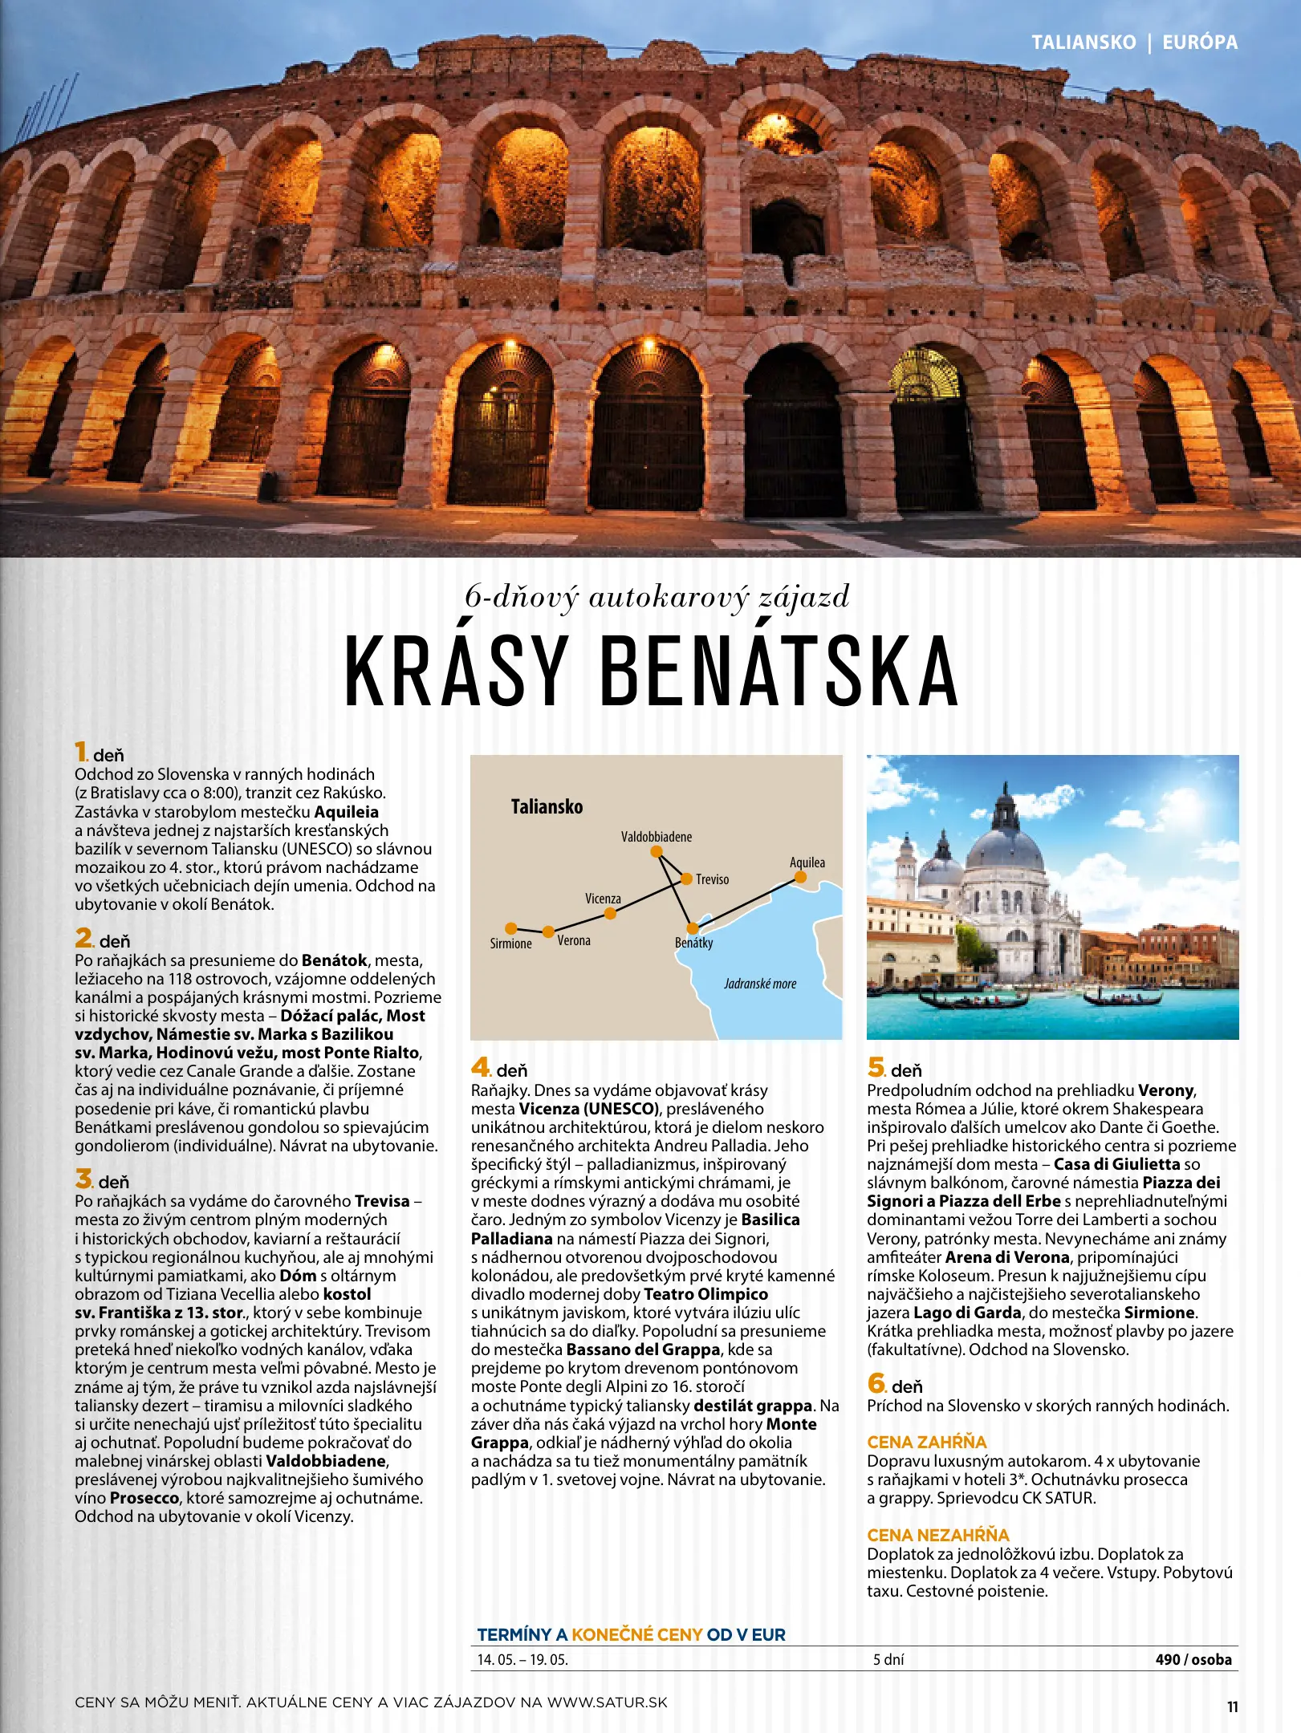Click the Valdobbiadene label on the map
point(656,837)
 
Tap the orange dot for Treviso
point(686,879)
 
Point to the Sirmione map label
point(510,944)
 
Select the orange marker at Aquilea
point(800,878)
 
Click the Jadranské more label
point(760,984)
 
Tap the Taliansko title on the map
point(547,806)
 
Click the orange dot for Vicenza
point(610,913)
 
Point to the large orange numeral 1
point(80,752)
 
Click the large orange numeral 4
point(480,1067)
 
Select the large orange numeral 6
point(876,1383)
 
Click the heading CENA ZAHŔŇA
point(926,1442)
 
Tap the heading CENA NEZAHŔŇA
point(937,1535)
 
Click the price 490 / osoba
point(1193,1659)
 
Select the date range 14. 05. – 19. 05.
point(522,1660)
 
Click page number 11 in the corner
point(1232,1707)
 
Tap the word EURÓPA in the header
point(1200,43)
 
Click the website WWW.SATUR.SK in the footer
point(607,1702)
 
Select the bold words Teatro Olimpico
point(705,1294)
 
